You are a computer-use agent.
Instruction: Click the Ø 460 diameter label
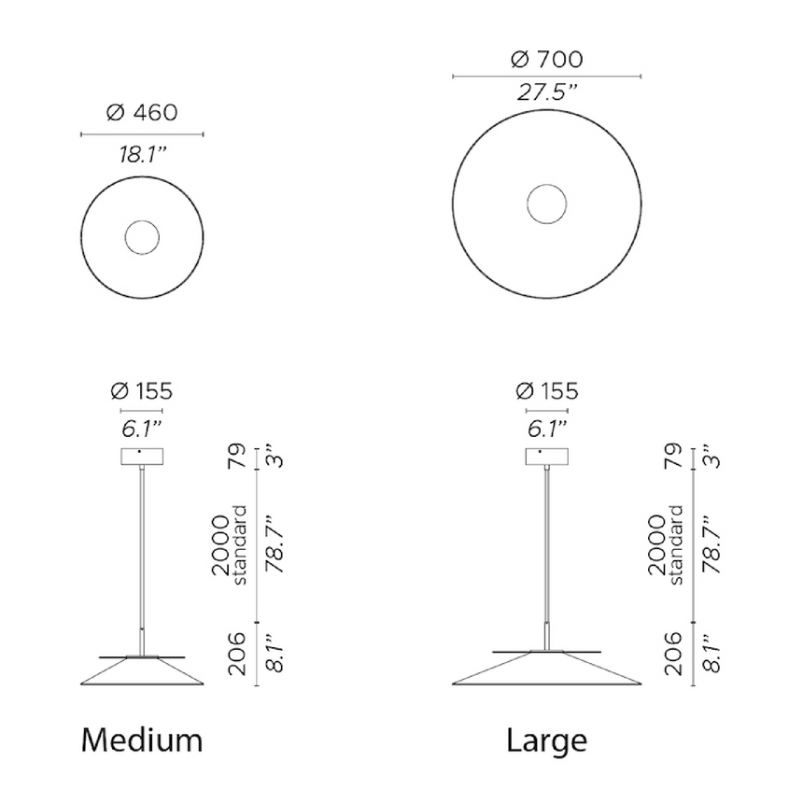click(x=142, y=113)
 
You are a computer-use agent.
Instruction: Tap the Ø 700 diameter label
click(x=547, y=60)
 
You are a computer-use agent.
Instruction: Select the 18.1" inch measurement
click(x=143, y=154)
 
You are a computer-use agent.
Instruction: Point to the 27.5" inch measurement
click(x=547, y=92)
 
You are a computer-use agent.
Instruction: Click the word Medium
click(x=142, y=740)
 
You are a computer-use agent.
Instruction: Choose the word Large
click(x=546, y=741)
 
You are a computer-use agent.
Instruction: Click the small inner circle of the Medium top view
click(x=142, y=221)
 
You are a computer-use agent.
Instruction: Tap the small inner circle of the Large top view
click(x=547, y=185)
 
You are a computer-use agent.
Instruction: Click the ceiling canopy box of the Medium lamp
click(x=142, y=457)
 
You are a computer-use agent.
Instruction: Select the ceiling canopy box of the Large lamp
click(x=547, y=457)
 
